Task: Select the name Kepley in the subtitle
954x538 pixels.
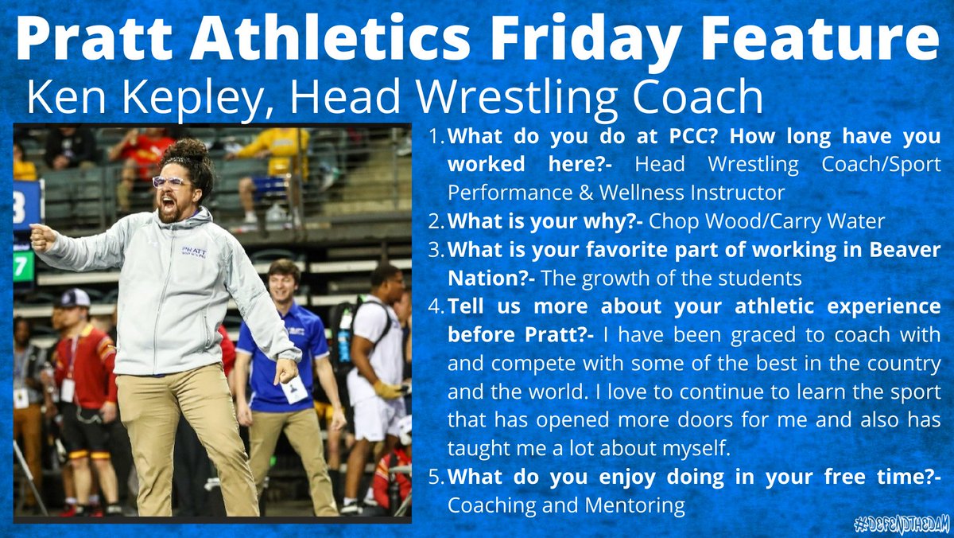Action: (x=184, y=98)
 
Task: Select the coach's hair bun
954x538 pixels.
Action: (x=186, y=151)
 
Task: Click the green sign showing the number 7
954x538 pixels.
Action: (x=23, y=265)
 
